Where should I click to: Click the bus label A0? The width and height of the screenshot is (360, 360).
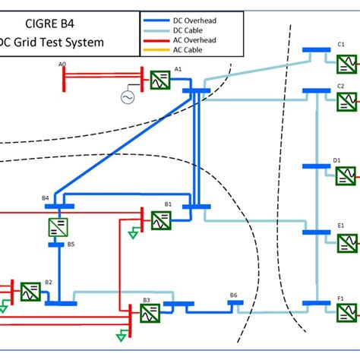click(62, 65)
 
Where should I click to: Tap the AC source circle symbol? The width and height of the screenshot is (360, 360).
click(128, 97)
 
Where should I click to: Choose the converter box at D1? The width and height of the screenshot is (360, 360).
click(346, 176)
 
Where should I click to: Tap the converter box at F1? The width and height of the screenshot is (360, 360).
click(346, 311)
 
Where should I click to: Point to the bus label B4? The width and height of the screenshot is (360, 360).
click(46, 198)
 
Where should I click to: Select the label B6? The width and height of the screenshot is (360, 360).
click(234, 295)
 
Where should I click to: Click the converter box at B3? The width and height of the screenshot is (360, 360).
click(150, 312)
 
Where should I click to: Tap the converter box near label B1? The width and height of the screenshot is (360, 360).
click(160, 219)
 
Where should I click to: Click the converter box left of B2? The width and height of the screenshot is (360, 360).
click(30, 292)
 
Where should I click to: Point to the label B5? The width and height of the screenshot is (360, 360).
click(71, 245)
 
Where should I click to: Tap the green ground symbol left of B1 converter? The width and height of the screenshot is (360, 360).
click(134, 233)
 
